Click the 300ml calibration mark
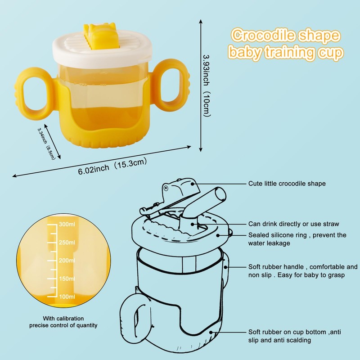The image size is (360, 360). (x=66, y=225)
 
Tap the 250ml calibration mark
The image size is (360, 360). (x=66, y=243)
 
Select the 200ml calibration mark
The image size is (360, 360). (x=66, y=261)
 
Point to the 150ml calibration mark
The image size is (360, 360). (x=66, y=279)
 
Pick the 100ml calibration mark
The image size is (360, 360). (x=66, y=297)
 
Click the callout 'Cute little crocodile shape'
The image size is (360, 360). (x=287, y=184)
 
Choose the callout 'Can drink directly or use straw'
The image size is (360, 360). (x=293, y=224)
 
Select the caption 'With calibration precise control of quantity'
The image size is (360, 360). (x=63, y=321)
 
